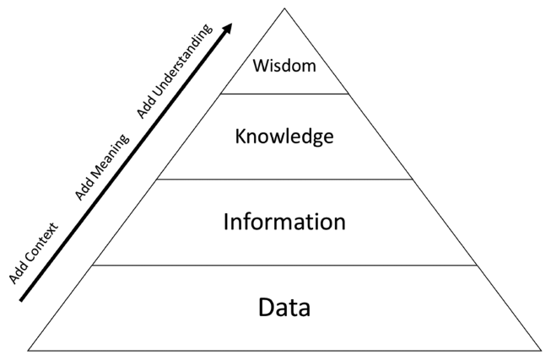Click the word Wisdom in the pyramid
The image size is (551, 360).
click(x=284, y=66)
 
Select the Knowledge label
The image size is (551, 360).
click(x=284, y=137)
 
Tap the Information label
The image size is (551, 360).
click(x=284, y=222)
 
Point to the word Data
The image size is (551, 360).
click(x=284, y=308)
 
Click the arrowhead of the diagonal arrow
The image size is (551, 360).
click(x=227, y=28)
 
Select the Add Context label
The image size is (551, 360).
click(x=34, y=253)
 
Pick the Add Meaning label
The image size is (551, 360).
click(x=102, y=167)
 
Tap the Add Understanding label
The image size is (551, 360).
click(x=175, y=72)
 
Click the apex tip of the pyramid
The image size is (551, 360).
click(x=284, y=8)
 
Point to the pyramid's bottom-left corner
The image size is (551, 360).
click(x=28, y=350)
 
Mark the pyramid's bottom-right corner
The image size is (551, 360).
click(x=541, y=350)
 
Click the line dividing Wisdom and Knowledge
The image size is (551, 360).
click(x=284, y=94)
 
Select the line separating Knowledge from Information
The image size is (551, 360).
click(x=284, y=180)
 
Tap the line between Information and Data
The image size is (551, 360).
click(x=284, y=266)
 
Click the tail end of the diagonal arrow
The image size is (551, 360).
click(x=21, y=300)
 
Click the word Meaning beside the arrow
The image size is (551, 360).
click(x=108, y=160)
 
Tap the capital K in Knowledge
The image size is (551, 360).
click(x=241, y=136)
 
